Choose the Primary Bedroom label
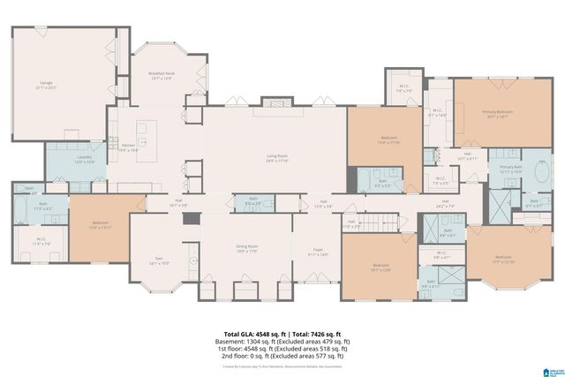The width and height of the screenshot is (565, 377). click(x=497, y=114)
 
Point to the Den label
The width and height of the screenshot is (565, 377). click(x=159, y=261)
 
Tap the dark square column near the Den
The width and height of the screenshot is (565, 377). click(x=187, y=217)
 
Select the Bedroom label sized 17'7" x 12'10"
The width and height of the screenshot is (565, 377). click(x=502, y=260)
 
